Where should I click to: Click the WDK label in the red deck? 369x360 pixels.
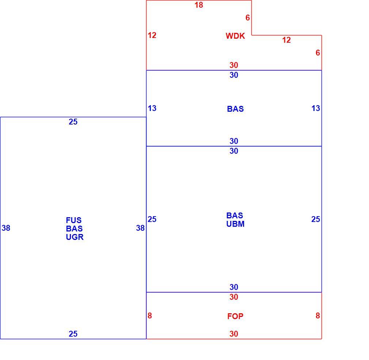pyautogui.click(x=235, y=36)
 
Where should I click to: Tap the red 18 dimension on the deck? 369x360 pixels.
pyautogui.click(x=199, y=5)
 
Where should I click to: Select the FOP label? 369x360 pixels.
pyautogui.click(x=235, y=316)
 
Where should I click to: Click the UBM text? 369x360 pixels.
pyautogui.click(x=235, y=224)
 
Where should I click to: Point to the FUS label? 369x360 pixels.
pyautogui.click(x=74, y=220)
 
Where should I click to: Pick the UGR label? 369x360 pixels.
pyautogui.click(x=75, y=237)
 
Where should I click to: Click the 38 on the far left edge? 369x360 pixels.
pyautogui.click(x=6, y=228)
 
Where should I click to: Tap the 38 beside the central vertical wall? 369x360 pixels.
pyautogui.click(x=140, y=228)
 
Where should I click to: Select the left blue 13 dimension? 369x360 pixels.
pyautogui.click(x=152, y=108)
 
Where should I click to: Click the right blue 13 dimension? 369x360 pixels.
pyautogui.click(x=316, y=108)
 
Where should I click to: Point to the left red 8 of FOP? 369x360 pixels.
pyautogui.click(x=150, y=316)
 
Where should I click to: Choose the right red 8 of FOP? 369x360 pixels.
pyautogui.click(x=318, y=316)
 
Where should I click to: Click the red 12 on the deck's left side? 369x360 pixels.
pyautogui.click(x=152, y=35)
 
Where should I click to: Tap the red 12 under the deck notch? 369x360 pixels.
pyautogui.click(x=286, y=40)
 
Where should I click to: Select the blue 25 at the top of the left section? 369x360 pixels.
pyautogui.click(x=73, y=122)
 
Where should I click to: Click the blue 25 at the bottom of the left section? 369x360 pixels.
pyautogui.click(x=73, y=334)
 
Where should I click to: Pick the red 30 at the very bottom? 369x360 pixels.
pyautogui.click(x=234, y=334)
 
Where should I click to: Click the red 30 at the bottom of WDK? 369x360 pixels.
pyautogui.click(x=234, y=65)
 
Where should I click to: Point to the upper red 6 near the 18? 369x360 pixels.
pyautogui.click(x=248, y=18)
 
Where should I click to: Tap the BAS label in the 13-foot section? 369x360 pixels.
pyautogui.click(x=235, y=109)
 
